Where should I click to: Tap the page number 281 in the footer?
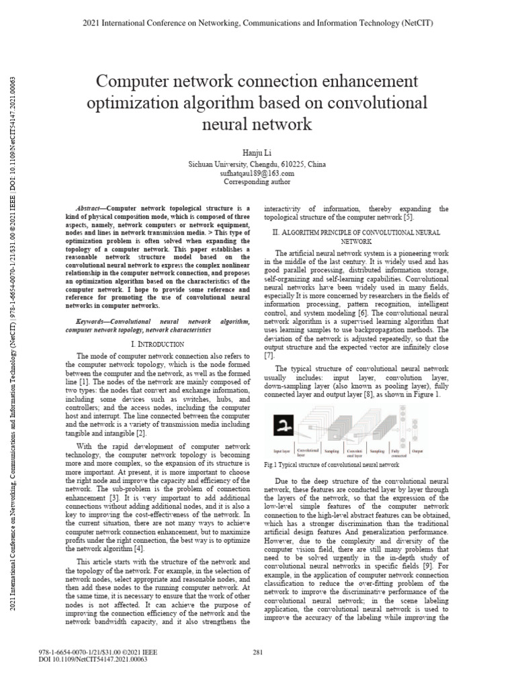pos(257,652)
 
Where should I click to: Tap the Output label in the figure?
pos(437,452)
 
